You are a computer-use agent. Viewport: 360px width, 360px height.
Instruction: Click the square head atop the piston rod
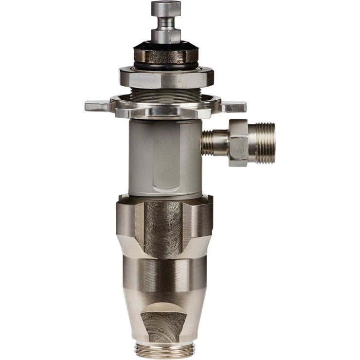pyautogui.click(x=166, y=8)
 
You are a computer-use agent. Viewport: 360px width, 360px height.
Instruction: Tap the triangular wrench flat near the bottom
pyautogui.click(x=163, y=321)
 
